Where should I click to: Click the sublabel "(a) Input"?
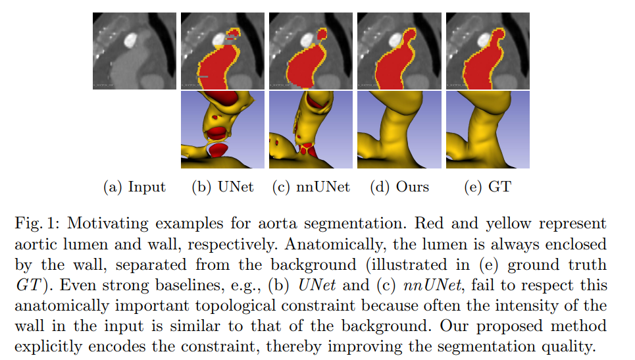pos(134,187)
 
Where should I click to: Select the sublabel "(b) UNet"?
pos(222,187)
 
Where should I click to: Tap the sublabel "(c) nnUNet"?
pos(311,187)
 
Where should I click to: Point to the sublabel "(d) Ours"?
pos(399,187)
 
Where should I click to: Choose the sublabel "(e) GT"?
pos(488,187)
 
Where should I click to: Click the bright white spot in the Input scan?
pos(130,39)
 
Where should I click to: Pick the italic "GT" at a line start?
pos(28,285)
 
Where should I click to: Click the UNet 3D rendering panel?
pos(222,130)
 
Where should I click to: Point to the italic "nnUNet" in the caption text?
pos(432,285)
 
